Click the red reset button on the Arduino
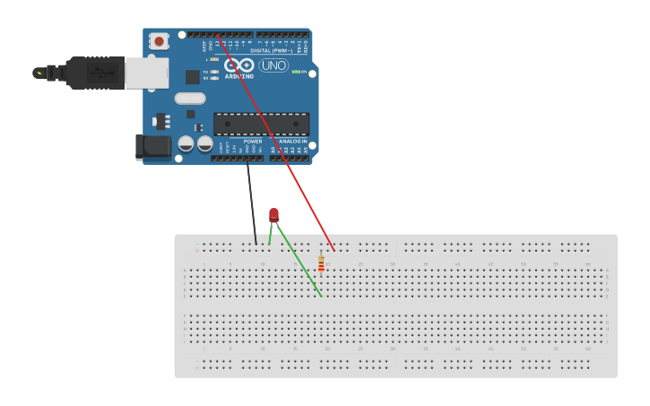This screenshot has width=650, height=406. [x=160, y=40]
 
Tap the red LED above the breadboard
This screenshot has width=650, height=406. [x=273, y=214]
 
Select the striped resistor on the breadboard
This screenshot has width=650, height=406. [x=321, y=263]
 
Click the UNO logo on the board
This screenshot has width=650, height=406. [x=273, y=65]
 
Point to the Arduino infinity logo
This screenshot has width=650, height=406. [x=238, y=65]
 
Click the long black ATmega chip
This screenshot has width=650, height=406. [x=261, y=124]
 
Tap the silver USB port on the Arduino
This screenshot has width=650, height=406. [x=146, y=73]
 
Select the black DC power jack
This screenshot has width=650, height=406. [x=152, y=147]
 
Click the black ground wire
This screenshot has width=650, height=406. [x=251, y=202]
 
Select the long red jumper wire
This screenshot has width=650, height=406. [x=278, y=143]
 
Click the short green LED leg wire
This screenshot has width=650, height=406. [x=270, y=233]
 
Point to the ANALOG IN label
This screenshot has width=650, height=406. [x=292, y=142]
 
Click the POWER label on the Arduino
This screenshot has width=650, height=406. [x=253, y=142]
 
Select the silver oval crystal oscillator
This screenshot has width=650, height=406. [x=190, y=99]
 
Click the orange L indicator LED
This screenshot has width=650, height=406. [x=214, y=59]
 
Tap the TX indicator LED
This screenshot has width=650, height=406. [x=214, y=72]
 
